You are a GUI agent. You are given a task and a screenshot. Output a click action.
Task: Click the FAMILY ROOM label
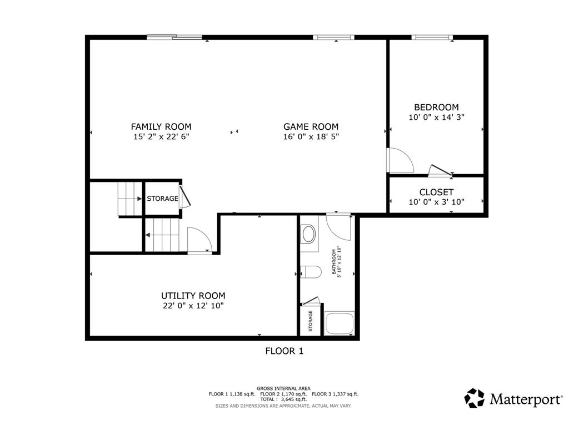coord(161,127)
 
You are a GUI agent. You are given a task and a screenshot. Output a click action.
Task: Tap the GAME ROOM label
coord(311,127)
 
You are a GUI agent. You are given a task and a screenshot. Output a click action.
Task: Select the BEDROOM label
coord(436,107)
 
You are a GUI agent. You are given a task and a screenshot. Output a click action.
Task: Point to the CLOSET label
coord(436,192)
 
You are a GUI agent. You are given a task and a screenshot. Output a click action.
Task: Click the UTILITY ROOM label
coord(193,296)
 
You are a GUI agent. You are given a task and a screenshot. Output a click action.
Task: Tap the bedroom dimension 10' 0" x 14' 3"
coord(436,117)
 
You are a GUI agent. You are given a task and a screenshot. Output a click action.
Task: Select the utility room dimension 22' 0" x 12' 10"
coord(193,306)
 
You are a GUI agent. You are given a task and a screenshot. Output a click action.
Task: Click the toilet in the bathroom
coord(311,272)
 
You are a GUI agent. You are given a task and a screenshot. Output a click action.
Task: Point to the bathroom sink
coord(309,234)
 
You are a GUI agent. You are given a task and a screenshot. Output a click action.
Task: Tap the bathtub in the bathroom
coord(340,323)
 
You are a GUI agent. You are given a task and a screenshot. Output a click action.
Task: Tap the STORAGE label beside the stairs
coord(162,199)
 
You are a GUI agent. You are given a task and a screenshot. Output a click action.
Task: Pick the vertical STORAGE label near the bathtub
coord(311,321)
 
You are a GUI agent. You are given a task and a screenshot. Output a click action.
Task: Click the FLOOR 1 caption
coord(284,351)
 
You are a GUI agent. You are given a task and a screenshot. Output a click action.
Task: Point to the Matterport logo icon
coord(475,398)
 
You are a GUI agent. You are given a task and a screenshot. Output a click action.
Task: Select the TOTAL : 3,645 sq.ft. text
coord(283,399)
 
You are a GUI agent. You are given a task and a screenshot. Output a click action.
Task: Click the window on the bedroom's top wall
coord(432,37)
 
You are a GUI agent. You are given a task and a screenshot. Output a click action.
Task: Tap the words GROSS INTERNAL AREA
coord(283,388)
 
